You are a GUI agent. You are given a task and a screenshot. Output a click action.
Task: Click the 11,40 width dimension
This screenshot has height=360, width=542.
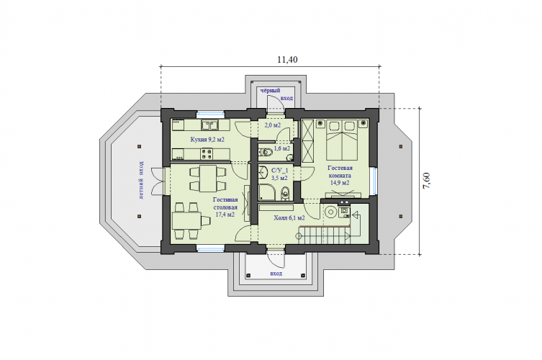[287, 60]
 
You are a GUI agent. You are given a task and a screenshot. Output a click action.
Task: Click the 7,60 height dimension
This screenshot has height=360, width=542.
[427, 180]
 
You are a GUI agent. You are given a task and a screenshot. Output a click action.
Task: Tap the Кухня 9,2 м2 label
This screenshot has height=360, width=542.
[207, 140]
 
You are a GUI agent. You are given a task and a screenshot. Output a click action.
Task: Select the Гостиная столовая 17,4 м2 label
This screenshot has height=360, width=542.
[225, 207]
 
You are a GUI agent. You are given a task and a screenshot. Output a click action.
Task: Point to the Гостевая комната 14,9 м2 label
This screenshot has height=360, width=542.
[340, 176]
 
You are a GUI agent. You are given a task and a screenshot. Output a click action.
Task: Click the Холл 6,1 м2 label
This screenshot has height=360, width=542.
[289, 218]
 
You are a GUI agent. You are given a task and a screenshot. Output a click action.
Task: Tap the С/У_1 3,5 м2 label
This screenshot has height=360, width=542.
[280, 174]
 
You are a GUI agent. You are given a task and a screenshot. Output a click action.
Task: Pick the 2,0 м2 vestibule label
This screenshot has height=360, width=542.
[272, 125]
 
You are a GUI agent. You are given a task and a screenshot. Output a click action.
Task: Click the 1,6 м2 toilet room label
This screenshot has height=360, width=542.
[281, 148]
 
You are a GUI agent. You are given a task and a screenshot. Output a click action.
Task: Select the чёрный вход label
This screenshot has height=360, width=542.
[276, 94]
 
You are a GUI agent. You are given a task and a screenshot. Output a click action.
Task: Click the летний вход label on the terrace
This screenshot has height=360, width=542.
[142, 180]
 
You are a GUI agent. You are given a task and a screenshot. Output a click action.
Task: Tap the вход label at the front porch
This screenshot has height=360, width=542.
[276, 273]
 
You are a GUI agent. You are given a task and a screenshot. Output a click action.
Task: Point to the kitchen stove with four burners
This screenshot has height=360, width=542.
[207, 154]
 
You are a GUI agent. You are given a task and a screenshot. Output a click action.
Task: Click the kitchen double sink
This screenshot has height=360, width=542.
[209, 125]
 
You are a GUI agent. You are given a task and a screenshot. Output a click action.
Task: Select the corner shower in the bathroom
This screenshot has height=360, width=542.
[267, 192]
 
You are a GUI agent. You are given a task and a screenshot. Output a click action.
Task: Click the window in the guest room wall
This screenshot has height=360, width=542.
[374, 180]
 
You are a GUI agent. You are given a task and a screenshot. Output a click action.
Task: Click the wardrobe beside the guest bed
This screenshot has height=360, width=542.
[307, 140]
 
